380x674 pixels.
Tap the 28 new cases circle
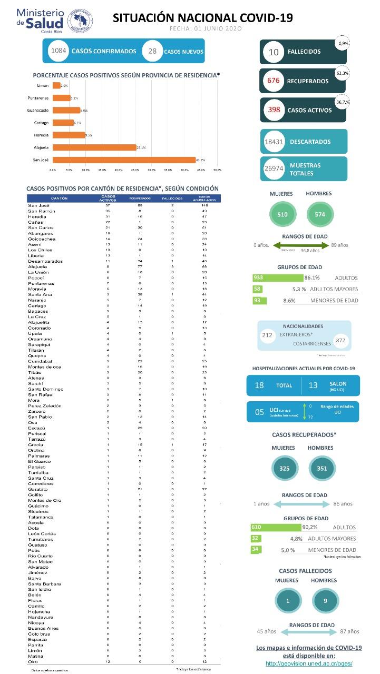tap(152, 51)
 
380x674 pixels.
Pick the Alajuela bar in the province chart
tap(94, 147)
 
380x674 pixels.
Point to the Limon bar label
tap(43, 85)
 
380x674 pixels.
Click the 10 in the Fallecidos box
tap(274, 52)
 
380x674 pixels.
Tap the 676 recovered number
tap(274, 81)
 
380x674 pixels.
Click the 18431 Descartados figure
tap(274, 142)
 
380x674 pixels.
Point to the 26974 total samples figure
tap(274, 169)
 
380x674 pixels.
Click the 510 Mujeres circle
tap(282, 214)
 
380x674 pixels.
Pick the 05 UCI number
tap(259, 412)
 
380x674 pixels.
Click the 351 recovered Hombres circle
tap(319, 468)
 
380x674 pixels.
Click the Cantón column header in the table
tap(59, 198)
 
